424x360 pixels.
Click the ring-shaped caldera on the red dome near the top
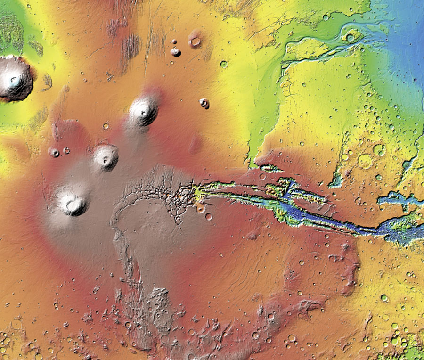[x=195, y=41]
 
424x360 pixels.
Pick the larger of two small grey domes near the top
[x=175, y=51]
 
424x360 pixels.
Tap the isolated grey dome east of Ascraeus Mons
[x=204, y=103]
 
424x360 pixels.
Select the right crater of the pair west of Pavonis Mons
[x=66, y=150]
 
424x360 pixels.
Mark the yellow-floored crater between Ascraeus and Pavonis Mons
[x=106, y=126]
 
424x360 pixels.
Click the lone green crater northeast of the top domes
[x=223, y=64]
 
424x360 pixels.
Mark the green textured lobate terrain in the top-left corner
[x=10, y=33]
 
